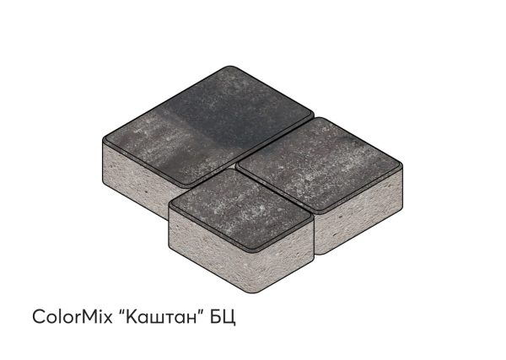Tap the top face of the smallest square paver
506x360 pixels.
tap(241, 210)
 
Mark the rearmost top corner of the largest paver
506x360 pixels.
tap(229, 67)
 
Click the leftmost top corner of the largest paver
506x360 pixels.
tap(103, 139)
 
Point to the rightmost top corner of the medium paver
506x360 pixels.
tap(401, 164)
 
